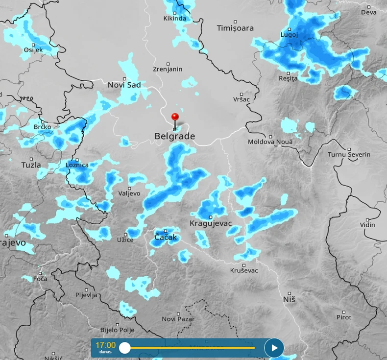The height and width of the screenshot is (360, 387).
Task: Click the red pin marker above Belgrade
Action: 174,117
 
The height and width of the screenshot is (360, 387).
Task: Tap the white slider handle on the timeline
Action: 125,348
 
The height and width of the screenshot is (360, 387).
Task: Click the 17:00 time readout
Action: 105,345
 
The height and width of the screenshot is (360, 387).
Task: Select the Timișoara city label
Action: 235,28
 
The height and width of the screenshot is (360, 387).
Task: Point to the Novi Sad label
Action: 124,85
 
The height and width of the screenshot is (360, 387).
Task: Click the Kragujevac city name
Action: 211,223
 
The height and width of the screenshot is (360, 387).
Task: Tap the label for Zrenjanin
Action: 168,69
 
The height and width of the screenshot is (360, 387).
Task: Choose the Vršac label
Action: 242,99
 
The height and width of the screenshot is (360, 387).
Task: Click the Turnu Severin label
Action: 349,154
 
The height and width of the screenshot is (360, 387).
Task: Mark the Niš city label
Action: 289,298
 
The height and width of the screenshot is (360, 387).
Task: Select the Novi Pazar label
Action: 178,319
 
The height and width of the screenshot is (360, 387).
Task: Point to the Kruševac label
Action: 244,270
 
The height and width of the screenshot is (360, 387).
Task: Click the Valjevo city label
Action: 129,193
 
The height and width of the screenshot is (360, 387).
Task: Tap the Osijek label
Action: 33,50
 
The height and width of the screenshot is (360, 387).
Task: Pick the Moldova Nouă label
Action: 270,142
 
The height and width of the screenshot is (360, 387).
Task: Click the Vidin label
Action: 367,225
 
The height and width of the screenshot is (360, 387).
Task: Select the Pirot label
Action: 344,317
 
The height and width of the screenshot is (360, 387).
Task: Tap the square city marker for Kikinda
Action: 175,13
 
